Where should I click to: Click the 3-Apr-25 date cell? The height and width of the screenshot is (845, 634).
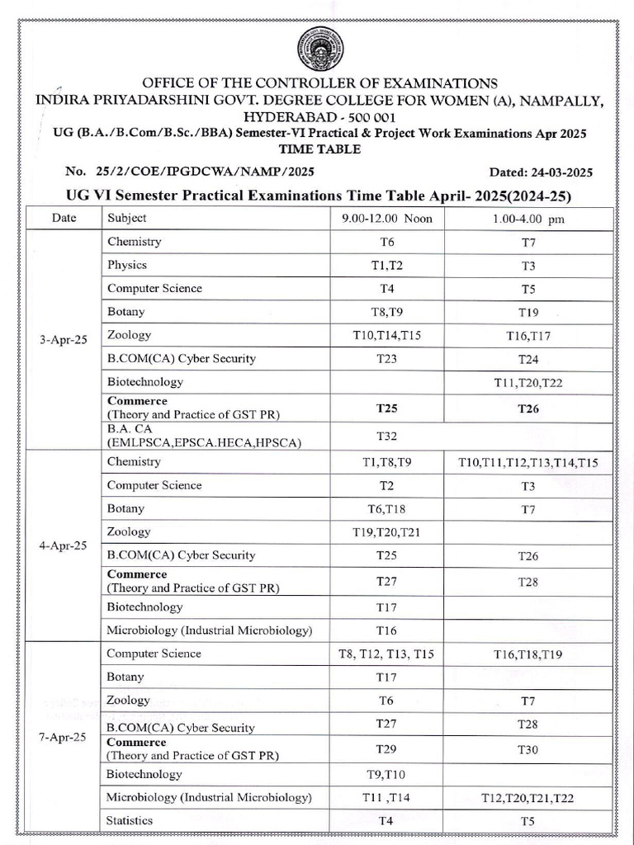click(x=63, y=339)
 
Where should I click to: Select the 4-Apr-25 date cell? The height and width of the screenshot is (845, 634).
click(x=63, y=545)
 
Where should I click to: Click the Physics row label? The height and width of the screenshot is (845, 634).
click(x=127, y=265)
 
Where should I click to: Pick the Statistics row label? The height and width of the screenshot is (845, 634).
click(x=130, y=820)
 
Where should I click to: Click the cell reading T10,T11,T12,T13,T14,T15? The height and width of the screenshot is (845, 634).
click(x=528, y=463)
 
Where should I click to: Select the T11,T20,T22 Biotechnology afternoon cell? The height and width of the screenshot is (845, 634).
click(x=528, y=383)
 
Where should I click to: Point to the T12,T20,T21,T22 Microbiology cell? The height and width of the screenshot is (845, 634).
click(x=528, y=798)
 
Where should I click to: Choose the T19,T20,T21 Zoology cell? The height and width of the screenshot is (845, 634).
click(x=386, y=533)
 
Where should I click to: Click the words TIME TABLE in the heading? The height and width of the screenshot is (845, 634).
click(x=320, y=149)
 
